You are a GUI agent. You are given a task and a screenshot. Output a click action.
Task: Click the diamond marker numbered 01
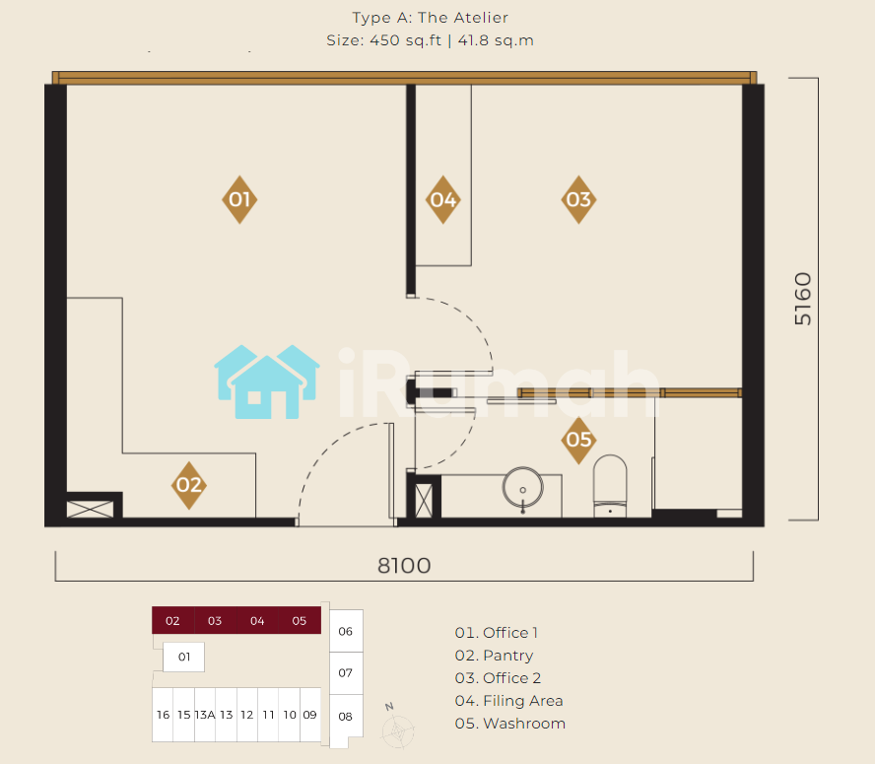239,199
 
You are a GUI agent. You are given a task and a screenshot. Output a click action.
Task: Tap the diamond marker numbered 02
188,485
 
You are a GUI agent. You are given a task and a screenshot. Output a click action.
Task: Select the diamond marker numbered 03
578,199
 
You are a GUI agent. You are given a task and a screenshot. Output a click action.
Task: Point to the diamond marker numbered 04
443,199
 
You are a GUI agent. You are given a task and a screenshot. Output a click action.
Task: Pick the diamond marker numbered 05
578,440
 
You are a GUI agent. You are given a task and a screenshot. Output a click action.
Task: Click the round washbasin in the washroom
523,488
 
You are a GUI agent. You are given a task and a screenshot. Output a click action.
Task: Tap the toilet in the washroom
610,485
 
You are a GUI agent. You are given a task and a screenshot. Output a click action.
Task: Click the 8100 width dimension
404,566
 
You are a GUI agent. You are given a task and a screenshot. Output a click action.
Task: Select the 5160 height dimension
803,299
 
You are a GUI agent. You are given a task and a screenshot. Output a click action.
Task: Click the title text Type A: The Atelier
431,18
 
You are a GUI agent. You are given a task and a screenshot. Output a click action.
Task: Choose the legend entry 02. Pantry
494,656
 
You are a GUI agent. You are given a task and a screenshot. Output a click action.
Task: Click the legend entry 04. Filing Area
508,700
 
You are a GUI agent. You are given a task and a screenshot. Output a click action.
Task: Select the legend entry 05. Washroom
510,724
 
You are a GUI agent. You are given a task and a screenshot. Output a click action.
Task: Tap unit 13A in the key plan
205,715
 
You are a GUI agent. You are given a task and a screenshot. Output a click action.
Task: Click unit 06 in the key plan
346,631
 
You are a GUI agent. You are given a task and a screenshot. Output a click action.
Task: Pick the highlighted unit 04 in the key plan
257,620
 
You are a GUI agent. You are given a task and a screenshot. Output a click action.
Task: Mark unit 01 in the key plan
183,657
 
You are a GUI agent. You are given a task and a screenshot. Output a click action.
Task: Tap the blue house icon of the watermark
267,382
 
